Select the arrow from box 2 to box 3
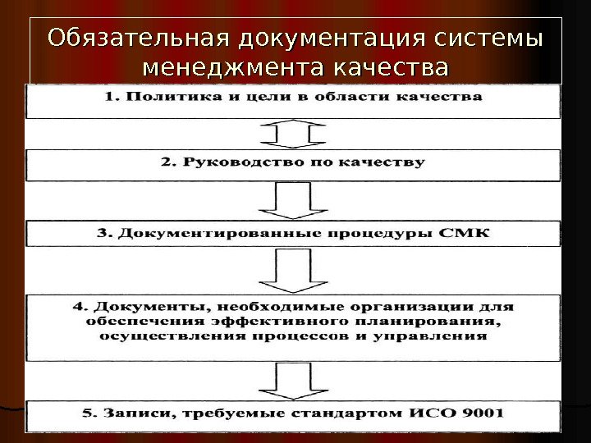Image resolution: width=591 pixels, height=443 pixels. [294, 200]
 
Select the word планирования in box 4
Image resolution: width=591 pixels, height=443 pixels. [432, 321]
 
